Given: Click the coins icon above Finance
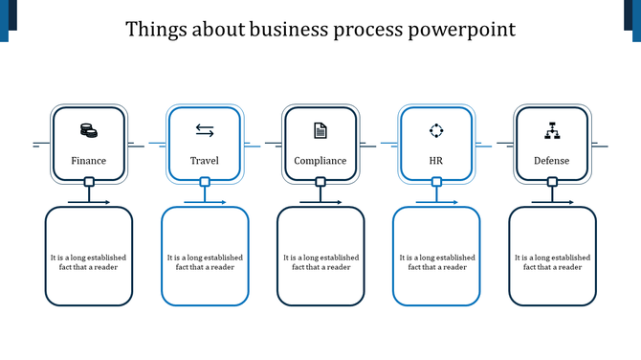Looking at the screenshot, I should pyautogui.click(x=88, y=130).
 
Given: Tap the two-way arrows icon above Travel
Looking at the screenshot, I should pyautogui.click(x=205, y=130).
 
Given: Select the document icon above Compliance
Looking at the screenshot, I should pyautogui.click(x=320, y=130).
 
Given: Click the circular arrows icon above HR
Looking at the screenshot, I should pyautogui.click(x=436, y=130).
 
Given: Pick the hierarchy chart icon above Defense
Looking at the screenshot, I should pyautogui.click(x=551, y=130).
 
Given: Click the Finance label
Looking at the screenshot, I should pyautogui.click(x=89, y=160).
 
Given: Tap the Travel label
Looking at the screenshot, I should pyautogui.click(x=205, y=160).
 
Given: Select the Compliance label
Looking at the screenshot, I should pyautogui.click(x=320, y=160).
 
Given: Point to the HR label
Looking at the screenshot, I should pyautogui.click(x=436, y=160).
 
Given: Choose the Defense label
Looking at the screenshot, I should pyautogui.click(x=551, y=160).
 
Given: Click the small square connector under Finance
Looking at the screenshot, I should pyautogui.click(x=89, y=182).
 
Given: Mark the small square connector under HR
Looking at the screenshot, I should pyautogui.click(x=436, y=182).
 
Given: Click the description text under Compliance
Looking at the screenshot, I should pyautogui.click(x=320, y=262).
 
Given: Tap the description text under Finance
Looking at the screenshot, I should pyautogui.click(x=89, y=262).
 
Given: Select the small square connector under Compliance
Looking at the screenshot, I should pyautogui.click(x=320, y=182).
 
